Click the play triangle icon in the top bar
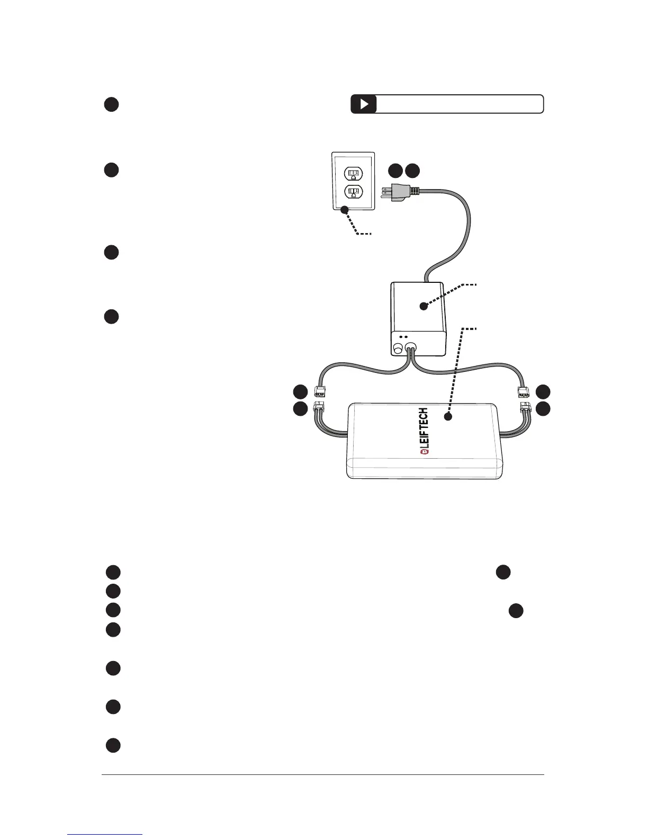[x=364, y=104]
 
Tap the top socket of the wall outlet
[x=353, y=173]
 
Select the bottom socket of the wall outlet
[x=353, y=191]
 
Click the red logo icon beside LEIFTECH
[x=424, y=452]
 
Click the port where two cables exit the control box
[x=411, y=349]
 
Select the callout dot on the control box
[x=423, y=306]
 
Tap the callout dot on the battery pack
[x=448, y=417]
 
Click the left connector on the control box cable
[x=320, y=392]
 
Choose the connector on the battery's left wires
[x=319, y=408]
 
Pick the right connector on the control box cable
[x=523, y=392]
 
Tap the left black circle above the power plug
[x=395, y=171]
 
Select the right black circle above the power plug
[x=413, y=171]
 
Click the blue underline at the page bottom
[x=105, y=834]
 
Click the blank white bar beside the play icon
[x=460, y=104]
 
